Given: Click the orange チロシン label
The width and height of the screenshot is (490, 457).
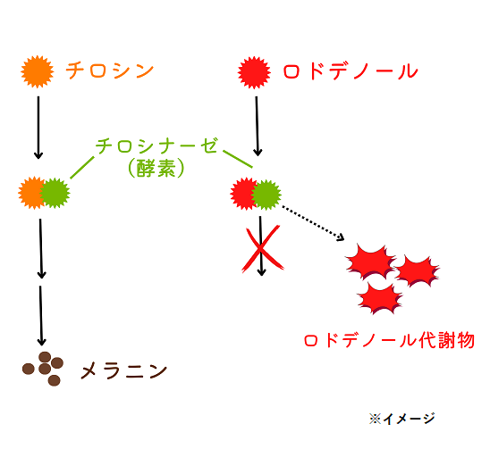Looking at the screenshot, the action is pyautogui.click(x=110, y=71).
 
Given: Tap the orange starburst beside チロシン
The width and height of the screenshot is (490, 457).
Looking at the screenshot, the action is pyautogui.click(x=38, y=71).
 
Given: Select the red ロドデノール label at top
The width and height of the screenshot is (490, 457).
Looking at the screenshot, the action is pyautogui.click(x=351, y=71).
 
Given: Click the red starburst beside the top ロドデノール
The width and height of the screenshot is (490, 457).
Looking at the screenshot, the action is pyautogui.click(x=254, y=72).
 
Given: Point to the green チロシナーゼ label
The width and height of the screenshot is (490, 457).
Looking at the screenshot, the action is pyautogui.click(x=156, y=146).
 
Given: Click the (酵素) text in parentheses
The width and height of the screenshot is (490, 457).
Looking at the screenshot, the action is pyautogui.click(x=156, y=168).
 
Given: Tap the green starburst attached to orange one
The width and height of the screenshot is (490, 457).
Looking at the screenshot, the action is pyautogui.click(x=55, y=193).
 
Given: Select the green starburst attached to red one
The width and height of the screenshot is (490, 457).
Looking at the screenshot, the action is pyautogui.click(x=266, y=195).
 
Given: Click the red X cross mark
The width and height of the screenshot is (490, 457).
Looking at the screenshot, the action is pyautogui.click(x=263, y=249).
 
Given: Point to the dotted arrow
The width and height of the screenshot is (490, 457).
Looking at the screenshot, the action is pyautogui.click(x=312, y=223).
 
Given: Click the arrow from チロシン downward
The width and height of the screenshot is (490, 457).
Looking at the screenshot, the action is pyautogui.click(x=38, y=128).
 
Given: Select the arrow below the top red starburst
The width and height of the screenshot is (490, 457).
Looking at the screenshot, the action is pyautogui.click(x=257, y=126).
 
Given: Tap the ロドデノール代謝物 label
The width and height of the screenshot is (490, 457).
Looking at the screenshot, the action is pyautogui.click(x=389, y=340).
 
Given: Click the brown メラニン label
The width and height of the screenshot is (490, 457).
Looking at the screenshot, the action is pyautogui.click(x=123, y=371).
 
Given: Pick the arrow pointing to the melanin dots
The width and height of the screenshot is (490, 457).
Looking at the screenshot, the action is pyautogui.click(x=41, y=316).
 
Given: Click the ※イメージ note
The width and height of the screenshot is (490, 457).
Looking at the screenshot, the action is pyautogui.click(x=401, y=419).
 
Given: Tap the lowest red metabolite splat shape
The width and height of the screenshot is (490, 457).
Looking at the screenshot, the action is pyautogui.click(x=380, y=298).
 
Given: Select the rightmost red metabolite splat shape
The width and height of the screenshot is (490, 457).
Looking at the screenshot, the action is pyautogui.click(x=418, y=270).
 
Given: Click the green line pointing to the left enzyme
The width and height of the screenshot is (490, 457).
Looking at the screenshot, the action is pyautogui.click(x=82, y=168).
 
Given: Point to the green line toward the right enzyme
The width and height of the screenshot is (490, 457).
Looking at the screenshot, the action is pyautogui.click(x=238, y=159).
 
